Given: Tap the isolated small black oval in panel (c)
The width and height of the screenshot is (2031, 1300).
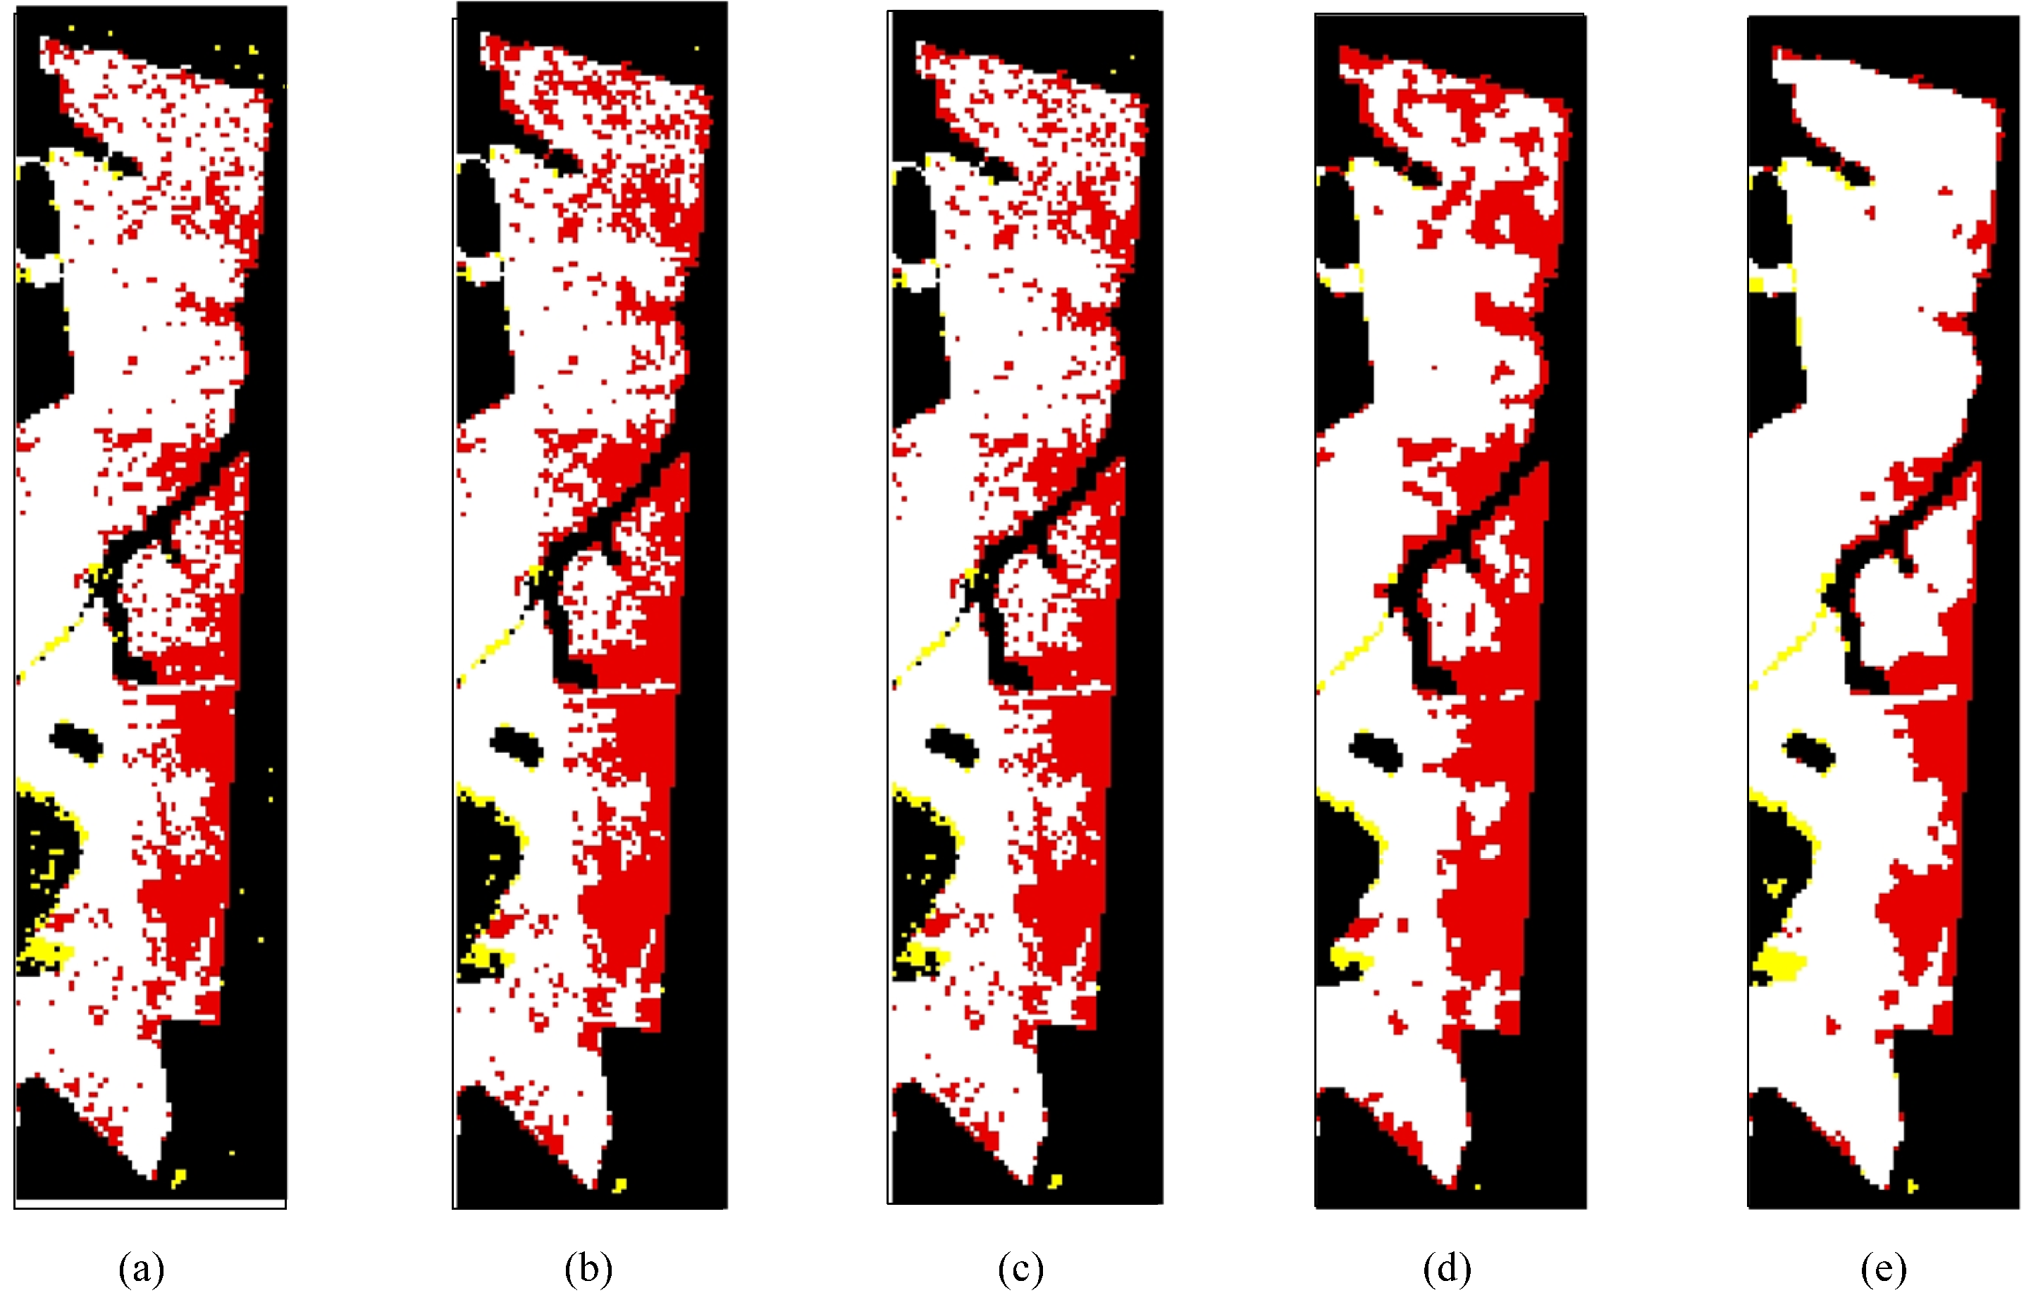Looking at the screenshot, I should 951,744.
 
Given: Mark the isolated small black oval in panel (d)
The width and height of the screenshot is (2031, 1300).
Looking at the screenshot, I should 1376,750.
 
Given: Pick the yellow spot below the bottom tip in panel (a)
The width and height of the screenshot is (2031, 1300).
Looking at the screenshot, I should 178,1177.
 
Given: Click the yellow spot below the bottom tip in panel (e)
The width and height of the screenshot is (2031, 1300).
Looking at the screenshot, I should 1912,1186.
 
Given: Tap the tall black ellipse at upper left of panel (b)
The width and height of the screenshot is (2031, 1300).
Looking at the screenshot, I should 476,205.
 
